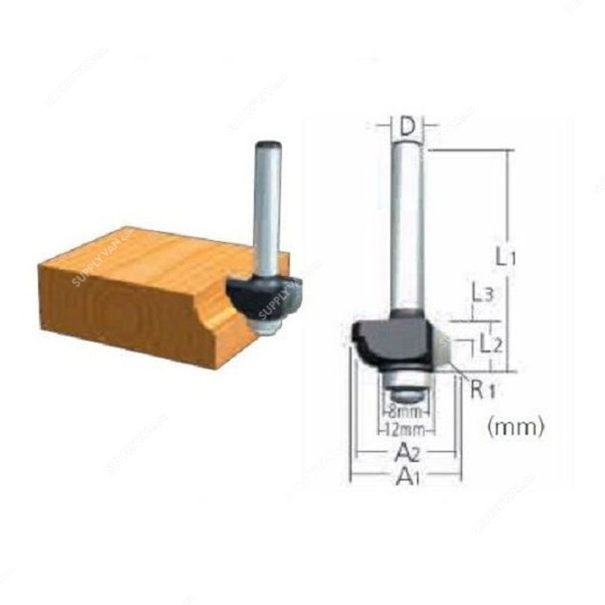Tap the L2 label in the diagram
[x=490, y=343]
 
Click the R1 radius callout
[x=484, y=390]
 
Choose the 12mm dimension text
[x=405, y=430]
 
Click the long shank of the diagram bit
[x=406, y=225]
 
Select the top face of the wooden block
[x=148, y=251]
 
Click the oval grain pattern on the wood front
[x=118, y=307]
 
